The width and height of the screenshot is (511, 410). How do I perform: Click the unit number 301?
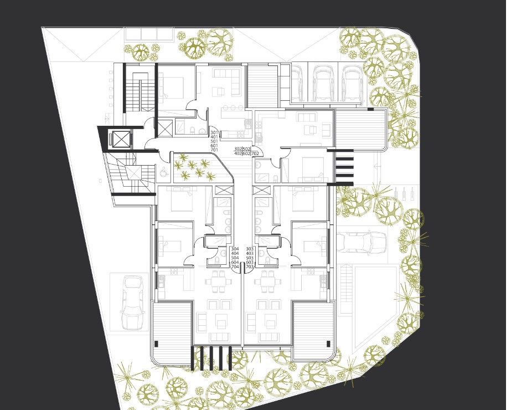[214, 132]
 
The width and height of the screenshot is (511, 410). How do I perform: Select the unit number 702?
[255, 153]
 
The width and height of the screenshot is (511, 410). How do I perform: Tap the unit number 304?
[235, 249]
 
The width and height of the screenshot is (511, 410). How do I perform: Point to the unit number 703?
[250, 267]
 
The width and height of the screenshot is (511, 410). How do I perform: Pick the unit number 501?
[214, 141]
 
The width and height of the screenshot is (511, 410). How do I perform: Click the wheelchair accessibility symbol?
[163, 171]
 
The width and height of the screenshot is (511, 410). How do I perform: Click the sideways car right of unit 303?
[362, 242]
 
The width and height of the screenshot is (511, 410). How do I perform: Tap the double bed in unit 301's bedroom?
[171, 88]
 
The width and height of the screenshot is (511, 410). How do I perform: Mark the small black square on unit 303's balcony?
[328, 344]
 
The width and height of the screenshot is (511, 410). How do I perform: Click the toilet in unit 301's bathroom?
[192, 131]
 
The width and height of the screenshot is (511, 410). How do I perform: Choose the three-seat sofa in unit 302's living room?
[307, 116]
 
